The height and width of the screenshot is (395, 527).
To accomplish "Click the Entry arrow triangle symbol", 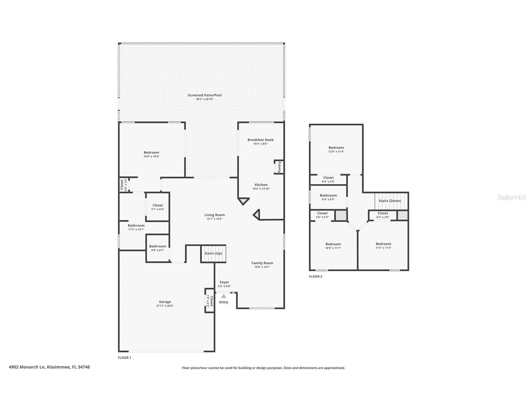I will pyautogui.click(x=224, y=296).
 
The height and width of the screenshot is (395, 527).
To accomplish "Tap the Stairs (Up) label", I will pyautogui.click(x=213, y=253).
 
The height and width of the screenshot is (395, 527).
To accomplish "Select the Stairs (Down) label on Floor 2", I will pyautogui.click(x=390, y=201).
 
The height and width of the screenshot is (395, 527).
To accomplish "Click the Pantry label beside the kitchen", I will pyautogui.click(x=279, y=167).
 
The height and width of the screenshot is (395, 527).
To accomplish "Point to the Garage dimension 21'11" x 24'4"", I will pyautogui.click(x=165, y=306).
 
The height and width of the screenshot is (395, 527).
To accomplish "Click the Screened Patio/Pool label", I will pyautogui.click(x=205, y=95).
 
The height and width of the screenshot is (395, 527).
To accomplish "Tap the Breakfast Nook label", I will pyautogui.click(x=261, y=140).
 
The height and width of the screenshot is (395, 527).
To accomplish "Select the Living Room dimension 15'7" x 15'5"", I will pyautogui.click(x=215, y=219).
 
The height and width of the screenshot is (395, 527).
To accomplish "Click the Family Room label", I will pyautogui.click(x=262, y=263).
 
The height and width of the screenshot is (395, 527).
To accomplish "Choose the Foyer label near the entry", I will pyautogui.click(x=224, y=282).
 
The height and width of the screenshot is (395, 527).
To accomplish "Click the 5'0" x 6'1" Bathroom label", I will pyautogui.click(x=158, y=246).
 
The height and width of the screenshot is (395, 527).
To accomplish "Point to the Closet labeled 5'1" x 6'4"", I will pyautogui.click(x=158, y=205).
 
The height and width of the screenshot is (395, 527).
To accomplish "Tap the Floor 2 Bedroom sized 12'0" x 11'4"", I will pyautogui.click(x=336, y=148).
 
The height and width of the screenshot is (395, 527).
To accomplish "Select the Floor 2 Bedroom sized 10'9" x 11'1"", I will pyautogui.click(x=333, y=244).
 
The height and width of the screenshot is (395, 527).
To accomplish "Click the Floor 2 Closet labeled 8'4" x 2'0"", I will pyautogui.click(x=328, y=178).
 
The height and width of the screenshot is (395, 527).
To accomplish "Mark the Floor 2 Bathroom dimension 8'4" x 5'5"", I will pyautogui.click(x=328, y=199).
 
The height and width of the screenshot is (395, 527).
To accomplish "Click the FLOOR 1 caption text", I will pyautogui.click(x=125, y=358).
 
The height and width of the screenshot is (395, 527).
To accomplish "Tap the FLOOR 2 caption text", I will pyautogui.click(x=316, y=277).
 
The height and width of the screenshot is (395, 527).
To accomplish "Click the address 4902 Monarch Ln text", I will pyautogui.click(x=49, y=367).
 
